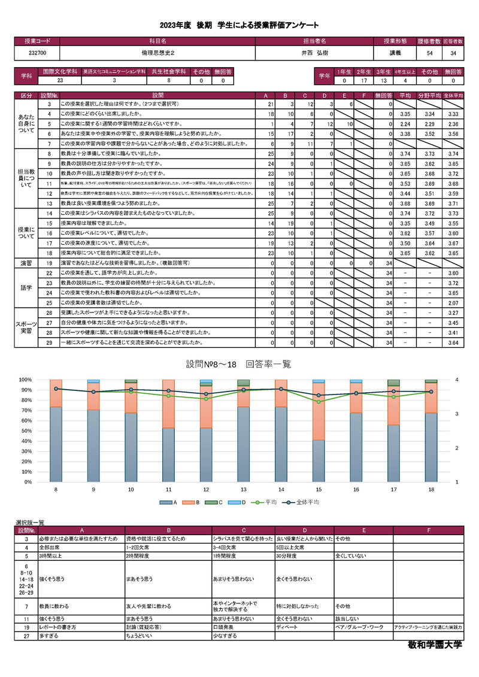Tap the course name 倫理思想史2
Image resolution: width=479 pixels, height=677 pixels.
tap(157, 53)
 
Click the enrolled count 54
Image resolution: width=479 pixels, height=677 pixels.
tap(430, 53)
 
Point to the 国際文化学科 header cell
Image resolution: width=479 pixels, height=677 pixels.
tap(60, 71)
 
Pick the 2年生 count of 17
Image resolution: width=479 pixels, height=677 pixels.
tap(363, 80)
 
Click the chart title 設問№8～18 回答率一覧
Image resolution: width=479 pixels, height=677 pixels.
tap(238, 364)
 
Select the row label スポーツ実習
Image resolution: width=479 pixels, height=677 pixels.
tap(27, 327)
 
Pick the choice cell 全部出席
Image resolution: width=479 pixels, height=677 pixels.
tap(50, 548)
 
